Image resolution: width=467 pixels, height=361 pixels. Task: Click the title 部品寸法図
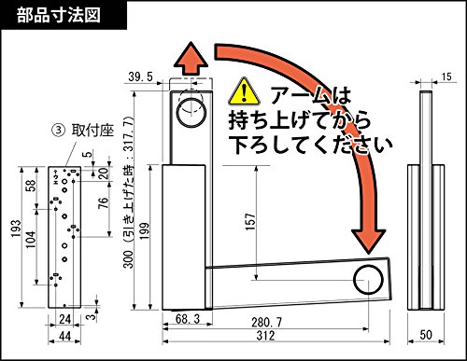point(59,15)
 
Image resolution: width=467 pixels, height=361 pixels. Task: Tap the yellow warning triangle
point(244,91)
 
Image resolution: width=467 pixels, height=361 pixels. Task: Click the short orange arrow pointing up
point(191,58)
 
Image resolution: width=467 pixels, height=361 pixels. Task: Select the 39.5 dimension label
point(141,76)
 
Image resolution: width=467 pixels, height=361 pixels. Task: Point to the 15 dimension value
point(446,76)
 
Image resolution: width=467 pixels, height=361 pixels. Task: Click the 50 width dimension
point(426,335)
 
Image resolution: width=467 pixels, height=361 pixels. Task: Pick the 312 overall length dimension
point(265,336)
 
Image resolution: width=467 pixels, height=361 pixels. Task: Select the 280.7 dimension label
point(266,323)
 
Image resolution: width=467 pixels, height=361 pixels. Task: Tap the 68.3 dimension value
point(188,319)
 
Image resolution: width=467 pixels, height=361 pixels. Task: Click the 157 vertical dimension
point(250,221)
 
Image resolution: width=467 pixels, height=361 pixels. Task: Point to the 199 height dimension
point(144,231)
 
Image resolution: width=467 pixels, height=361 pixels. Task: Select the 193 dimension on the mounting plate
point(16,229)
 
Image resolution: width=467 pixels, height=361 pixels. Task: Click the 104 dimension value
point(31,240)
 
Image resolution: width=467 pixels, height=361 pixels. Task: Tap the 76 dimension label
point(103,202)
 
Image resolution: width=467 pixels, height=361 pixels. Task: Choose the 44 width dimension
point(64,336)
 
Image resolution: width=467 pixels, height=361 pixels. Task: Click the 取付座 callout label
point(92,131)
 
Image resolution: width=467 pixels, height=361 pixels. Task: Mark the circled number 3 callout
point(58,131)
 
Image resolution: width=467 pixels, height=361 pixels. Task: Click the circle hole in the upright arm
point(191,112)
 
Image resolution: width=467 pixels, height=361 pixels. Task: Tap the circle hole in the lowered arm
point(368,280)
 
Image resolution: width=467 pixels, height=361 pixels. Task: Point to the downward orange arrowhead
point(368,241)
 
